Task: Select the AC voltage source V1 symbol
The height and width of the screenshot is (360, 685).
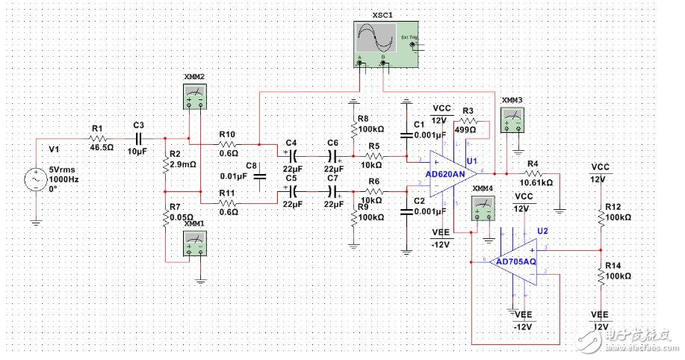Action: [x=35, y=180]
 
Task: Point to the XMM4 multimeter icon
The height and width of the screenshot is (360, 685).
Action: [x=483, y=211]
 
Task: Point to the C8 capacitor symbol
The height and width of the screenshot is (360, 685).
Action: [x=259, y=177]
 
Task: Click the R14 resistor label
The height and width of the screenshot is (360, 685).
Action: [x=613, y=265]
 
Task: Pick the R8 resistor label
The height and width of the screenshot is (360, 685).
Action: [x=363, y=118]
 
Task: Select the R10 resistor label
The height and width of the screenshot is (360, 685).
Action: [x=227, y=134]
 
